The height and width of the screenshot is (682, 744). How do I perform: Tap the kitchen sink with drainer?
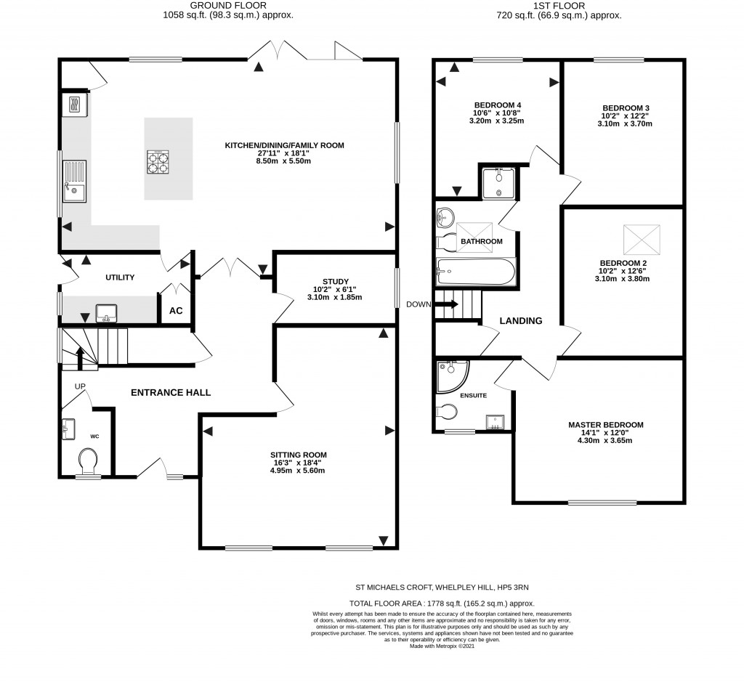74,182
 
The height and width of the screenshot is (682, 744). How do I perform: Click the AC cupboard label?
176,311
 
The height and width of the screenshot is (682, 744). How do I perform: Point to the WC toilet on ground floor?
89,459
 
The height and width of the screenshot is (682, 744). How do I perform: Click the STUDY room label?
336,281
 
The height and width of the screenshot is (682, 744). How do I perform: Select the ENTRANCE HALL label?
170,393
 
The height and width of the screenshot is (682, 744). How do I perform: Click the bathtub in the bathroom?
476,272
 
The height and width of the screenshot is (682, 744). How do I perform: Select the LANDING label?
521,321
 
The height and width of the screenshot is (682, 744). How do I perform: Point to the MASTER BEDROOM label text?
605,425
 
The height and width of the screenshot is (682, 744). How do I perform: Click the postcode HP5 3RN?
522,587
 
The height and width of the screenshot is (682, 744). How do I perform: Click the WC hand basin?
70,429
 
